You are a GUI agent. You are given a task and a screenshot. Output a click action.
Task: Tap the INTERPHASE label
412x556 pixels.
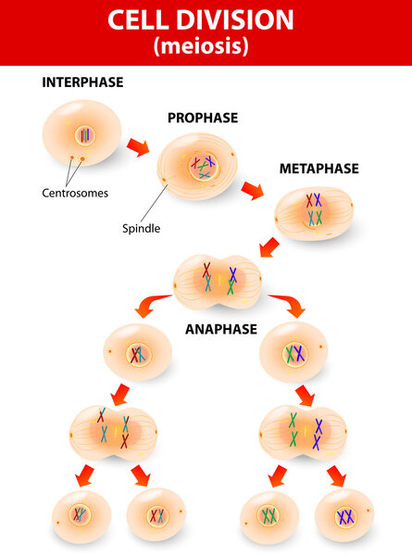82,82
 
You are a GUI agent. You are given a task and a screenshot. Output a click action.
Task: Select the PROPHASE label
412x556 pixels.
203,118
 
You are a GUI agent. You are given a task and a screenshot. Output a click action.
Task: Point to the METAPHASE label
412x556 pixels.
318,169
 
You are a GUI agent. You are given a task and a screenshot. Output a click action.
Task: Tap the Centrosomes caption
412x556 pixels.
75,194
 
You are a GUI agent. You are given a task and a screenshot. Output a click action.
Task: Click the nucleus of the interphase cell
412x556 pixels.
84,135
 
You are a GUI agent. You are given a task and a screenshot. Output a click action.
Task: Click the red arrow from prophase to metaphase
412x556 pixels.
251,191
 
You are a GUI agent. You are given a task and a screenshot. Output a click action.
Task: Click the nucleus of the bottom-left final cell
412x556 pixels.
81,514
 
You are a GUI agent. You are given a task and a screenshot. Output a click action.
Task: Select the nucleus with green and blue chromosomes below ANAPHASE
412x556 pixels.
293,353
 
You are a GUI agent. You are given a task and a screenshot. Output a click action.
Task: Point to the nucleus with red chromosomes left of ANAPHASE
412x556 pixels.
139,353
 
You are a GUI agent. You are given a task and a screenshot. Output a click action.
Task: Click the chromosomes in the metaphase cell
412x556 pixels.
314,209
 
